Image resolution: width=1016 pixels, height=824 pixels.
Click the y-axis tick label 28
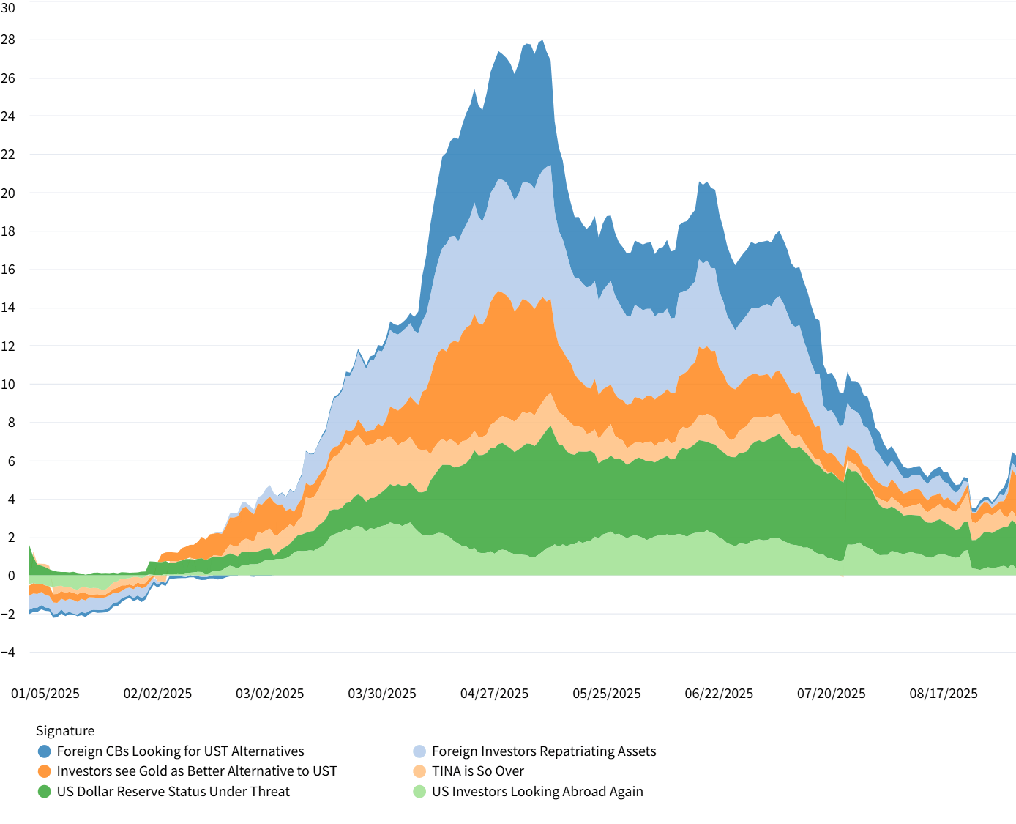point(8,40)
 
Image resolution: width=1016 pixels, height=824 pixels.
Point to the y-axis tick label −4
point(8,652)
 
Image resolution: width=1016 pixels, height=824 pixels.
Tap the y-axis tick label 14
point(8,308)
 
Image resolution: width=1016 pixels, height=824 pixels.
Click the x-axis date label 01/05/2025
point(45,694)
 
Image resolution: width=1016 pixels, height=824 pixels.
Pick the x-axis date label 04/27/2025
point(494,694)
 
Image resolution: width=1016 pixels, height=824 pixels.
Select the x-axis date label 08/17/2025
point(944,694)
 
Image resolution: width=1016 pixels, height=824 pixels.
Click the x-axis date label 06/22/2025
point(719,694)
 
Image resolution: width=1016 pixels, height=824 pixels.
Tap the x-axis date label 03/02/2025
point(269,694)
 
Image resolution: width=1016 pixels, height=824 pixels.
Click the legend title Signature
point(65,731)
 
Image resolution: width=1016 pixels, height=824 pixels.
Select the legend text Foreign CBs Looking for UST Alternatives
point(180,751)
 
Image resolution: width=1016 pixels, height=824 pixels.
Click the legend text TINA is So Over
point(478,771)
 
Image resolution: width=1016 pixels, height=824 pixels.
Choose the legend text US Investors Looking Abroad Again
point(537,792)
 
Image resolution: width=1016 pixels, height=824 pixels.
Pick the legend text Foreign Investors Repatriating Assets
point(544,751)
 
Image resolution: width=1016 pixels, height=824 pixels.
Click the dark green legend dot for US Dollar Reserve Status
point(45,792)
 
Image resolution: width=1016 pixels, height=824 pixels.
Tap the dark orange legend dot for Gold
point(45,771)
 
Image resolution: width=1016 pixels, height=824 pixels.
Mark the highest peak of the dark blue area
point(541,41)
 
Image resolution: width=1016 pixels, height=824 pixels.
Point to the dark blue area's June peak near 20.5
point(701,182)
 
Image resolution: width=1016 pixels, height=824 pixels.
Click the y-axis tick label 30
point(8,7)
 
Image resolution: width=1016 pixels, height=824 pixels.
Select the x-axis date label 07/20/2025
point(831,694)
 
